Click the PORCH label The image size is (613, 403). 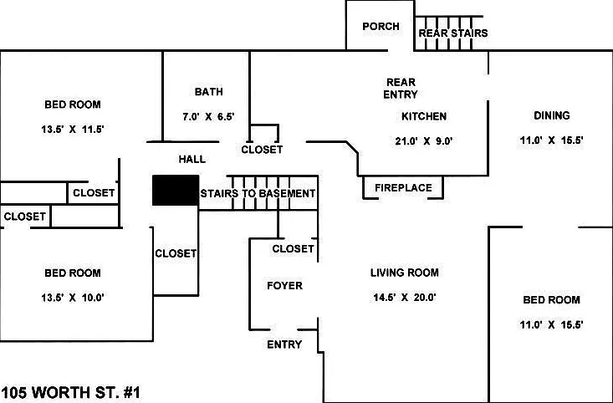(x=381, y=27)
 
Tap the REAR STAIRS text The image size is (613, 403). (x=453, y=33)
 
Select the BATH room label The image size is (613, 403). (x=209, y=92)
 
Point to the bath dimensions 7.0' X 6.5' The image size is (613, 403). (x=208, y=117)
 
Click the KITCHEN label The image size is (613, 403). (x=424, y=116)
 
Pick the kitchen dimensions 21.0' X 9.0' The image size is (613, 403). (x=424, y=141)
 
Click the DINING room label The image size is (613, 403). (x=552, y=115)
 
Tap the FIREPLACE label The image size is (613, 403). (x=403, y=188)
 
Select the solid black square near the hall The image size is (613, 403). (x=176, y=190)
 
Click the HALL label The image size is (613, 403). (x=192, y=160)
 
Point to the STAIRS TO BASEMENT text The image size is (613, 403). (x=258, y=194)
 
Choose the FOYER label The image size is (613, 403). (x=284, y=286)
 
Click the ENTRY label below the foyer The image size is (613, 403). (x=284, y=344)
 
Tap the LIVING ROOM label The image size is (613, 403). (x=405, y=273)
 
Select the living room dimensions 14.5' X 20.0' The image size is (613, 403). (x=405, y=298)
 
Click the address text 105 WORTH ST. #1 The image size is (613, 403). (x=71, y=392)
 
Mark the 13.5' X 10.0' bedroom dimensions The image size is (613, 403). (x=73, y=298)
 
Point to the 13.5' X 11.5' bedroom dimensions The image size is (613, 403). (x=73, y=130)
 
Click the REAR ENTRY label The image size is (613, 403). (x=401, y=89)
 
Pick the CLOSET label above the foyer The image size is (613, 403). (x=294, y=249)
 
